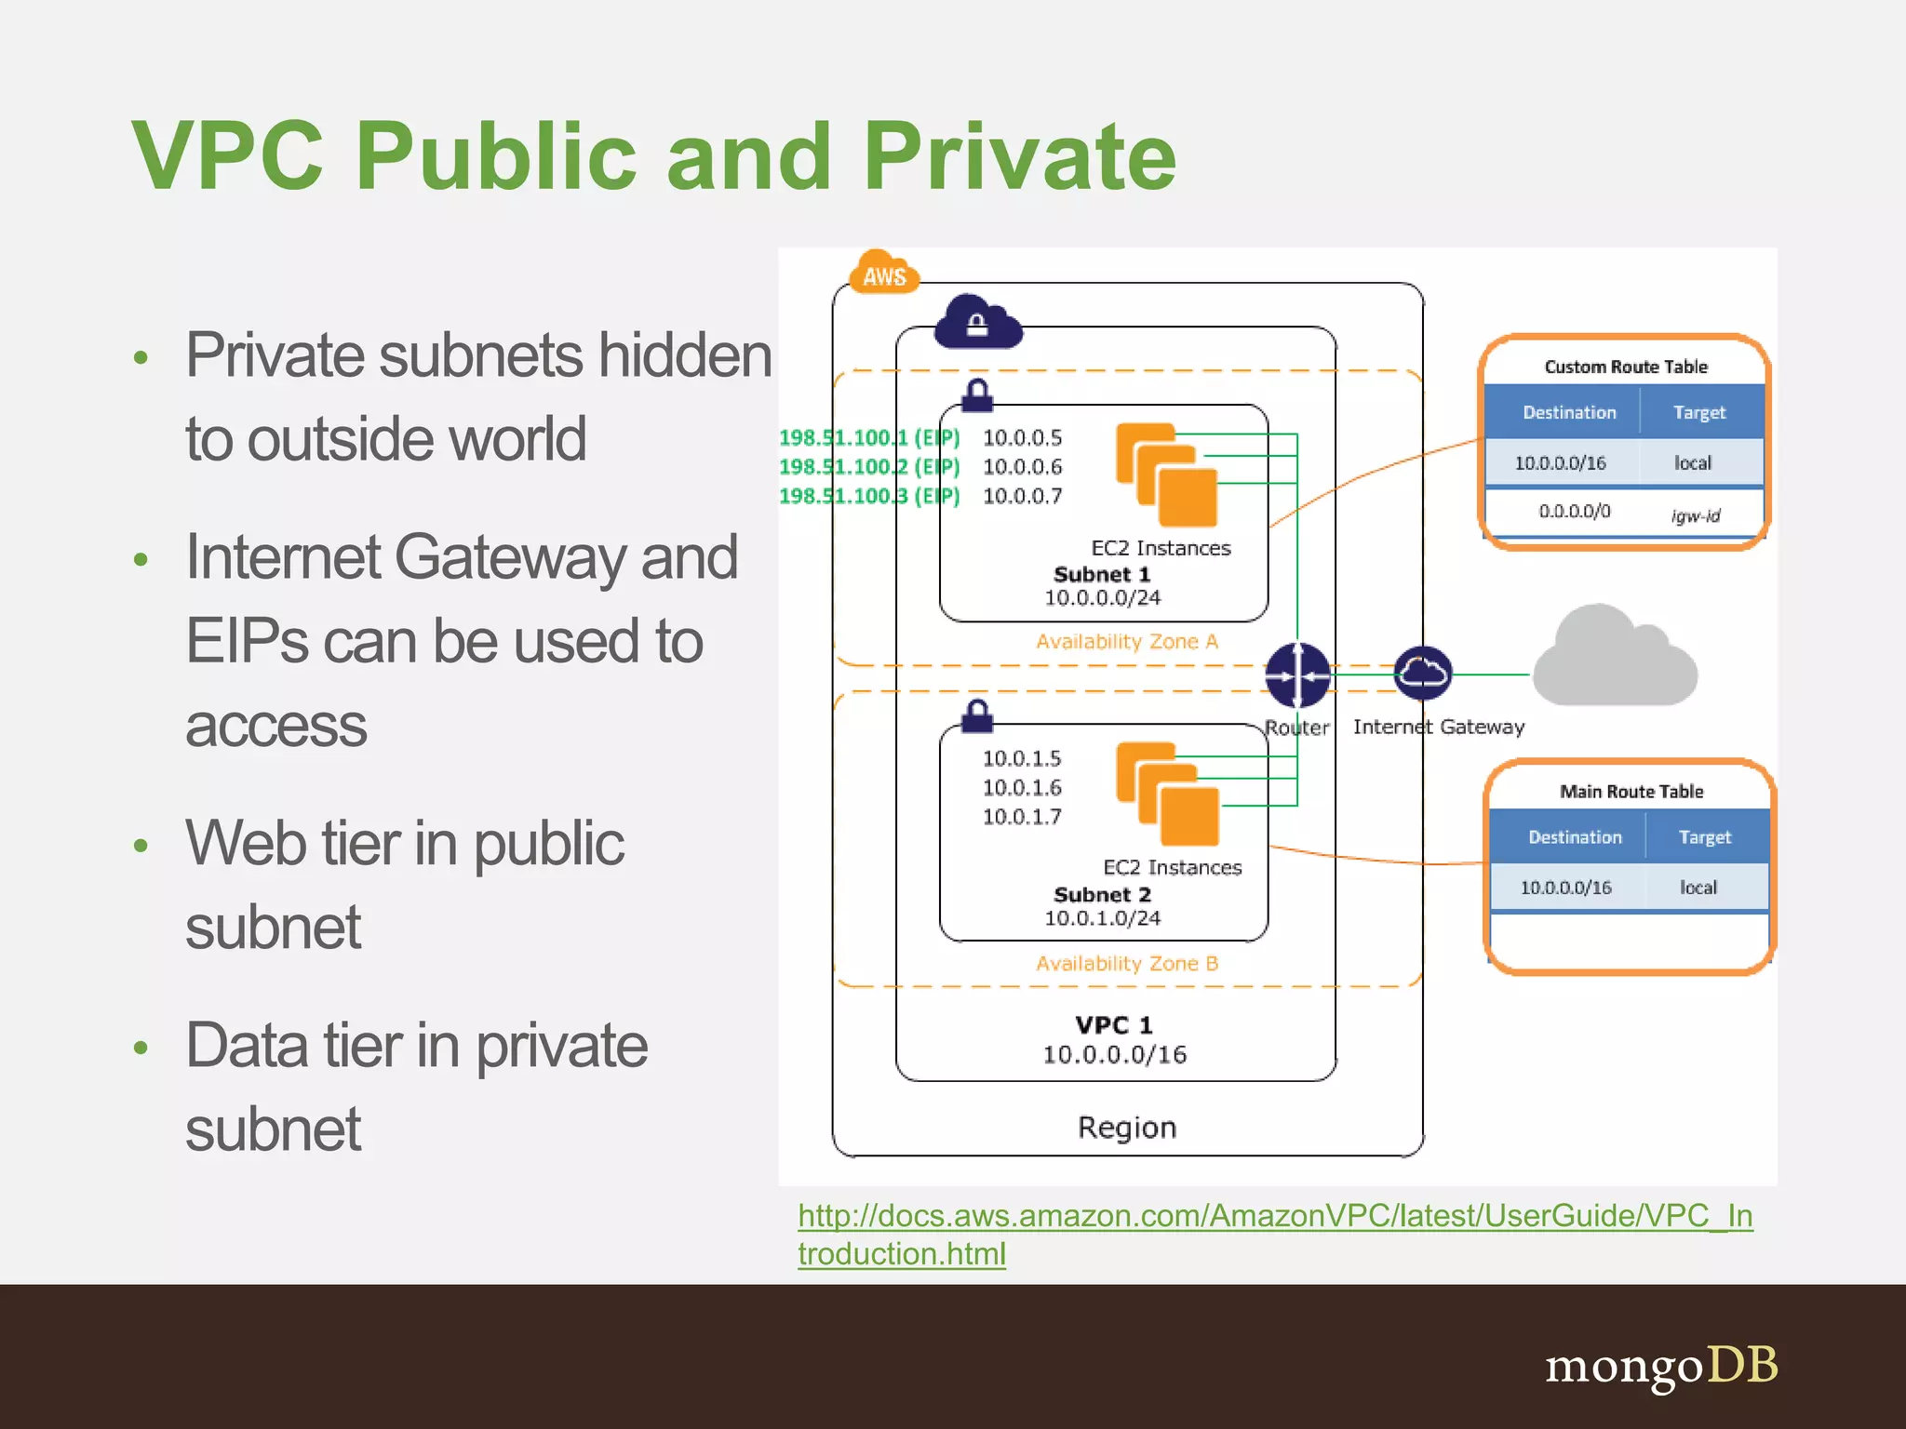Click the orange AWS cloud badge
click(x=883, y=274)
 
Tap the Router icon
click(x=1296, y=675)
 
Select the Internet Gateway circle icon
click(x=1422, y=673)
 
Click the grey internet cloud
click(x=1615, y=660)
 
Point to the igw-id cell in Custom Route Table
click(x=1695, y=514)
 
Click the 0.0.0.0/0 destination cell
click(x=1574, y=511)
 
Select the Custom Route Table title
click(x=1625, y=367)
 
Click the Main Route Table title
click(x=1631, y=791)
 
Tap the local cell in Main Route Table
click(x=1698, y=887)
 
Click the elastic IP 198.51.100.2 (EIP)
click(x=868, y=466)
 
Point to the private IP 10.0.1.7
click(x=1021, y=816)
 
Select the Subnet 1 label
click(x=1101, y=574)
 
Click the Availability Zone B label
click(x=1126, y=963)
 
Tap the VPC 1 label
click(x=1113, y=1024)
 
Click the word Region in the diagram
click(x=1126, y=1127)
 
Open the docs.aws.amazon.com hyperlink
click(x=1274, y=1215)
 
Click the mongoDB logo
click(x=1660, y=1366)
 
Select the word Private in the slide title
click(x=1019, y=156)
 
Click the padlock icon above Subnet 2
click(x=976, y=715)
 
